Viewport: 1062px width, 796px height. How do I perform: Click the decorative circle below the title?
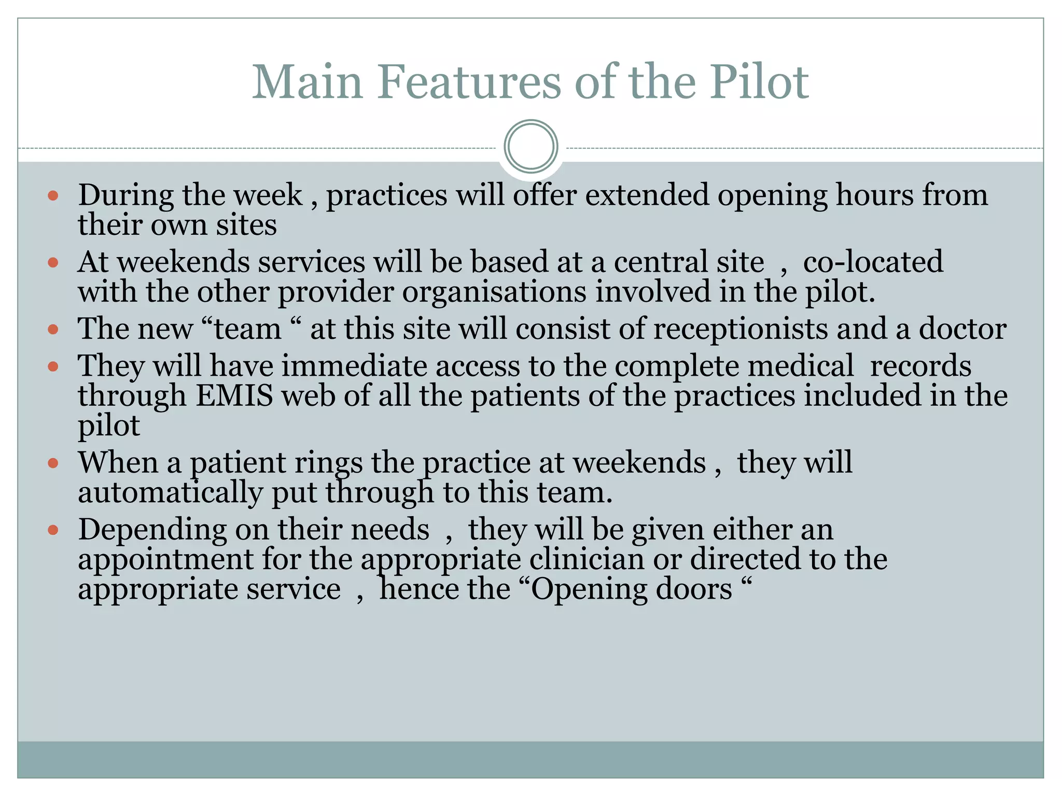point(530,147)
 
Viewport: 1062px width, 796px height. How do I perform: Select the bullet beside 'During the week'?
point(53,196)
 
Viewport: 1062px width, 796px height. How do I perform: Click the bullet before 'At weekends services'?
point(53,262)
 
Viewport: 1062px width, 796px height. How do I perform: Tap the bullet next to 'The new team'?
point(53,329)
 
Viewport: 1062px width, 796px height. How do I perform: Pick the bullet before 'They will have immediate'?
point(53,367)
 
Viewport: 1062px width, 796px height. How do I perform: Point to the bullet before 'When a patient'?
point(53,463)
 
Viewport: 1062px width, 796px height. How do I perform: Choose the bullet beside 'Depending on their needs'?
point(53,530)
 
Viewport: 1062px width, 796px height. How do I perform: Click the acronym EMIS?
point(234,396)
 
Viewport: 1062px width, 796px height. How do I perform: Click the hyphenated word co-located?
point(873,262)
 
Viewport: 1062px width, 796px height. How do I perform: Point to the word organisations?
point(494,292)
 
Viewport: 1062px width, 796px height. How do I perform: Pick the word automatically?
point(170,492)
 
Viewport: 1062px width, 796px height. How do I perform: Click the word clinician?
point(586,560)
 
